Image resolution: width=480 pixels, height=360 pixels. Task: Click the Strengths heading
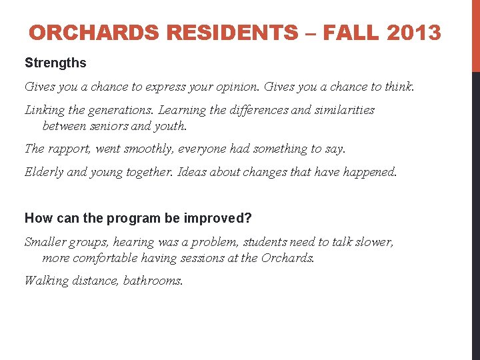pyautogui.click(x=55, y=63)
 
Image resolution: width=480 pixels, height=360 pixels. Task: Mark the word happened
pyautogui.click(x=368, y=172)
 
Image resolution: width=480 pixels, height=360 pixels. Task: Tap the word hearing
pyautogui.click(x=136, y=242)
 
